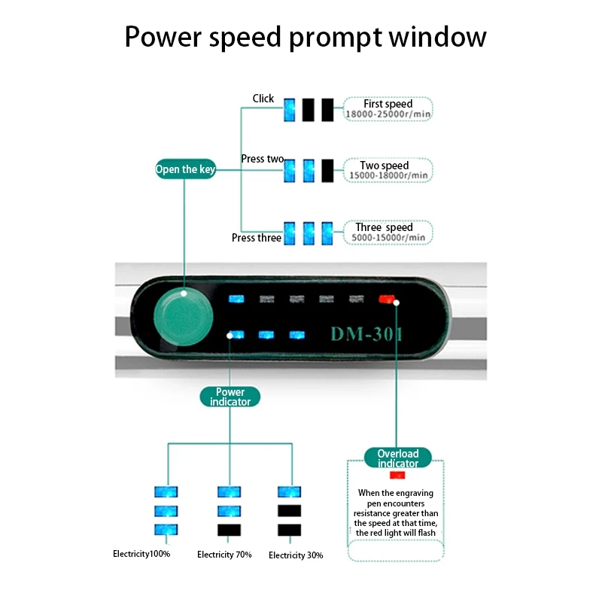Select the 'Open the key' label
pyautogui.click(x=186, y=169)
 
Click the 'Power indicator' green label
pyautogui.click(x=230, y=397)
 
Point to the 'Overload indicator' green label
pyautogui.click(x=397, y=458)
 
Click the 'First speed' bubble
pyautogui.click(x=388, y=109)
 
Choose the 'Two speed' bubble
pyautogui.click(x=388, y=170)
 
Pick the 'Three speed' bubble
pyautogui.click(x=388, y=232)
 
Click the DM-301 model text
pyautogui.click(x=366, y=333)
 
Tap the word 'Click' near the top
pyautogui.click(x=263, y=99)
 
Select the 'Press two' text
pyautogui.click(x=262, y=159)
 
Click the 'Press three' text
pyautogui.click(x=257, y=238)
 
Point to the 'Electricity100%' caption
pyautogui.click(x=141, y=554)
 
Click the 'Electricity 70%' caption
pyautogui.click(x=224, y=555)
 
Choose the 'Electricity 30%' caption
pyautogui.click(x=296, y=555)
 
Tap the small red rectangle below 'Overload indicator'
pyautogui.click(x=397, y=476)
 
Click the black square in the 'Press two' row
pyautogui.click(x=327, y=170)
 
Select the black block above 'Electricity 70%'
pyautogui.click(x=229, y=530)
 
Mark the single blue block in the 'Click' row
pyautogui.click(x=289, y=111)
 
